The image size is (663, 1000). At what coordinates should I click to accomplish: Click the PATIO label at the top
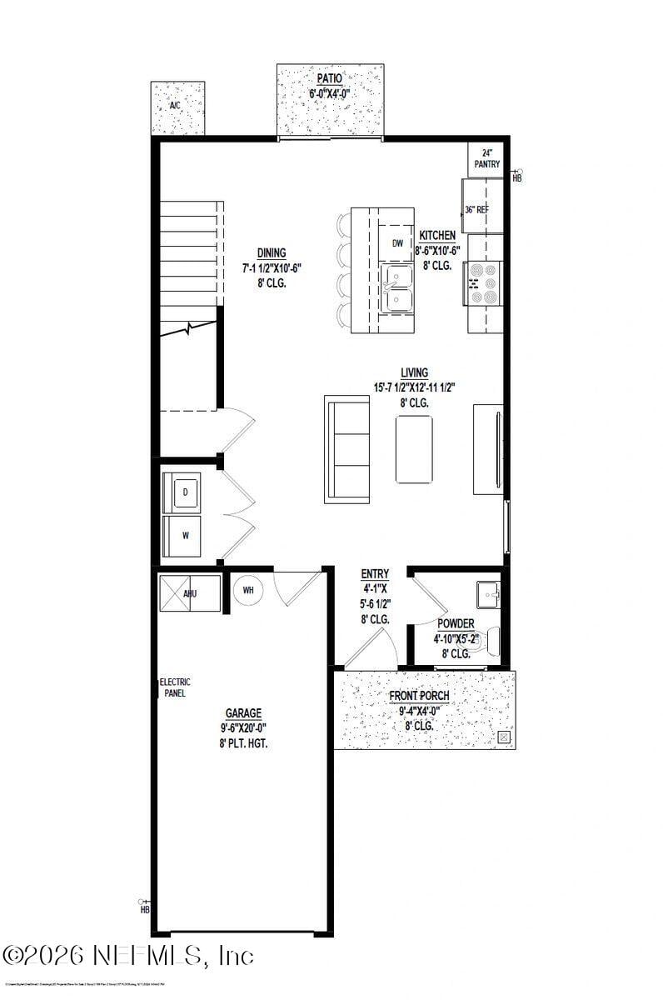[x=330, y=79]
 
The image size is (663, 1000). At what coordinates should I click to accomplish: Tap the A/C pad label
[x=175, y=106]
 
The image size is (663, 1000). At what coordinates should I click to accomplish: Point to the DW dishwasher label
[x=397, y=243]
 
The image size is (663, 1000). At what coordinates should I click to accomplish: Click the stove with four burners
[x=484, y=284]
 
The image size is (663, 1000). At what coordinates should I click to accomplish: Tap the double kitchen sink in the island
[x=397, y=287]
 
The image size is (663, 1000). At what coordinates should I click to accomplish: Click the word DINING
[x=271, y=253]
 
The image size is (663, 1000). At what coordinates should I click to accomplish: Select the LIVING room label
[x=413, y=372]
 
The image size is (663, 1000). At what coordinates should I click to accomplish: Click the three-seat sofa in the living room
[x=347, y=449]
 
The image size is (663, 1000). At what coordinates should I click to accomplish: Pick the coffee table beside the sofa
[x=414, y=449]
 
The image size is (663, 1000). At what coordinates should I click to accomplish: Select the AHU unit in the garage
[x=190, y=593]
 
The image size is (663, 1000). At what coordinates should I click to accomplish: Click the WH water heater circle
[x=248, y=591]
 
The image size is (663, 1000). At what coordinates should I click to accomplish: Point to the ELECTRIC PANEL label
[x=175, y=687]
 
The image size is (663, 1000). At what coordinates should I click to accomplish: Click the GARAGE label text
[x=243, y=713]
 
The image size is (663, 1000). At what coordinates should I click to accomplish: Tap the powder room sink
[x=488, y=595]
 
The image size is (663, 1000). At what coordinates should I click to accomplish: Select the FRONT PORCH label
[x=420, y=696]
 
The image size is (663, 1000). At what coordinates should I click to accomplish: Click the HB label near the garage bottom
[x=145, y=909]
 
